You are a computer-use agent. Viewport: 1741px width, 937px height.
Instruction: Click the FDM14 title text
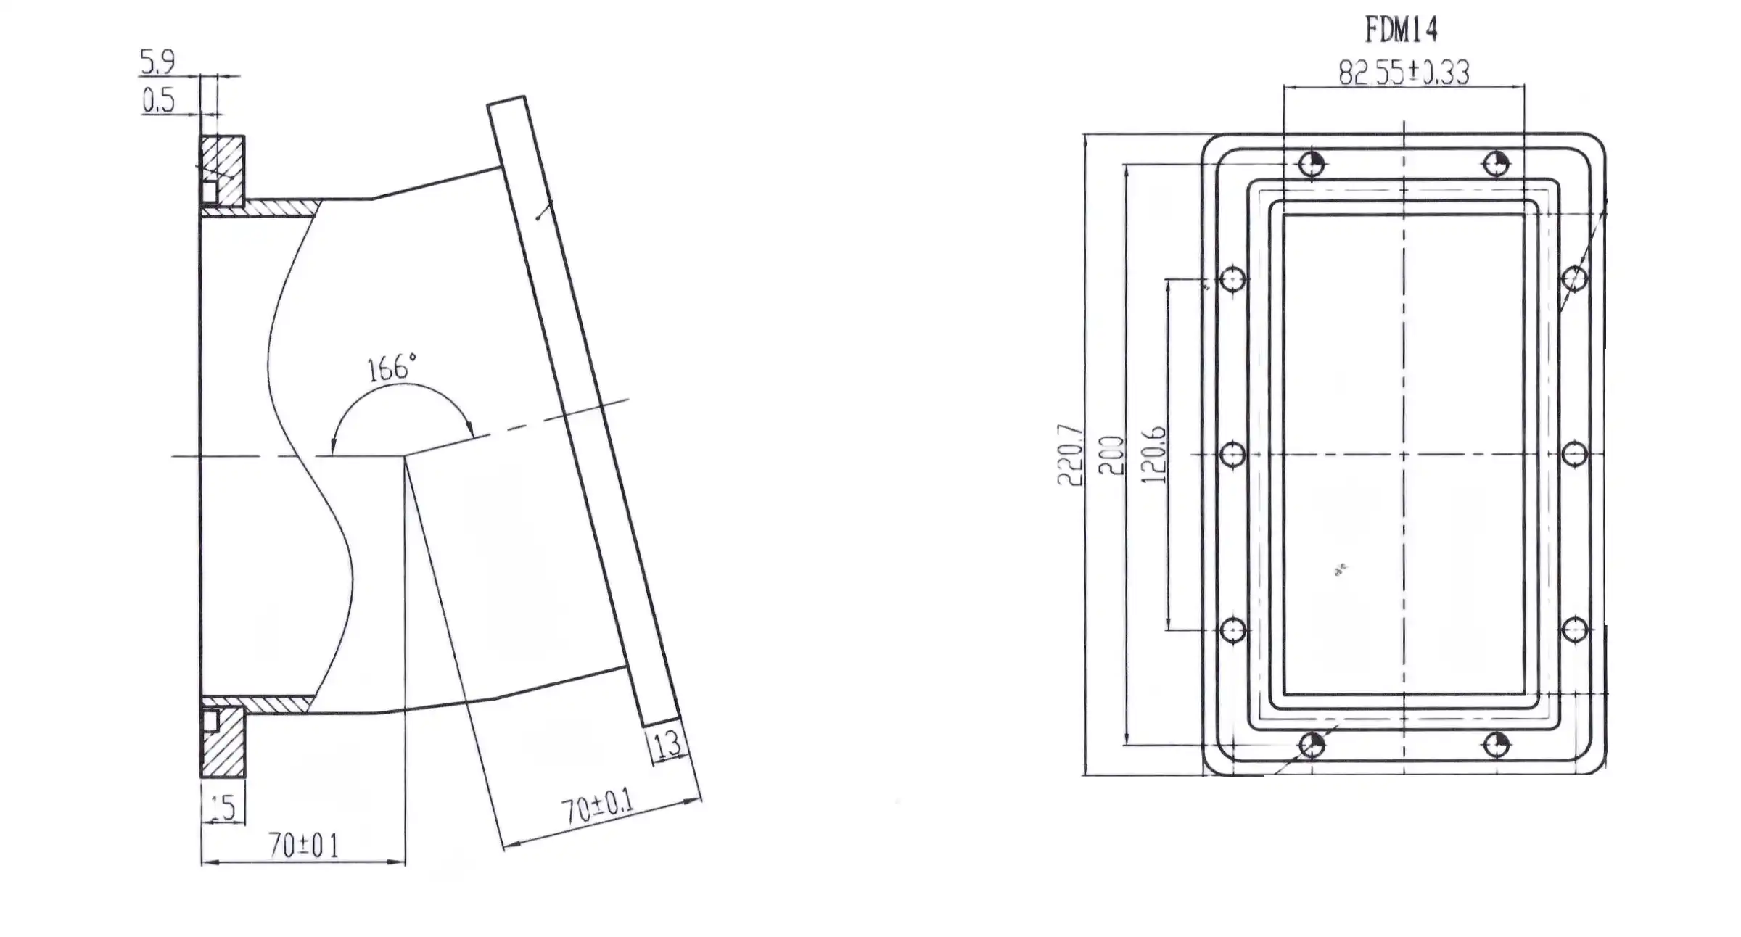click(1400, 30)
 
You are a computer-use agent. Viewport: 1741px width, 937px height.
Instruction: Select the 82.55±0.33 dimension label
click(1404, 73)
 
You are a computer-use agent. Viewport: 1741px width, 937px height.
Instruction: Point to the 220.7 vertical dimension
click(1071, 455)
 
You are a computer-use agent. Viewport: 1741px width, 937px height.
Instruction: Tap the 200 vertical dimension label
click(1111, 455)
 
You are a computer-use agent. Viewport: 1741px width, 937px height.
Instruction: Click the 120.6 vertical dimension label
click(1153, 455)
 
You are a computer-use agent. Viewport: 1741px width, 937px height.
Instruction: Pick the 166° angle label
click(392, 368)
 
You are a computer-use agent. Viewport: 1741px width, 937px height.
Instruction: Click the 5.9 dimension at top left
click(157, 62)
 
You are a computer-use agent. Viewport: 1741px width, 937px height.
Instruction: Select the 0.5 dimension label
click(159, 101)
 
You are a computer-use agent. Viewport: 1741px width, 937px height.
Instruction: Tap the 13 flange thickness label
click(666, 743)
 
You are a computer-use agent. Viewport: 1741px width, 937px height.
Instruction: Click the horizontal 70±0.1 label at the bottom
click(303, 846)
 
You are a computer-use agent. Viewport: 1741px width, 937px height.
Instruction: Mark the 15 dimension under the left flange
click(223, 808)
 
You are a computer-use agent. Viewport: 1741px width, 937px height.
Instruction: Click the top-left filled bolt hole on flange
click(1312, 165)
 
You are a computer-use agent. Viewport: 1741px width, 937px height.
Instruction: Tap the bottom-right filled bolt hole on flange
click(1497, 745)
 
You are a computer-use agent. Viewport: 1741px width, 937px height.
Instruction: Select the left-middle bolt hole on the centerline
click(1233, 455)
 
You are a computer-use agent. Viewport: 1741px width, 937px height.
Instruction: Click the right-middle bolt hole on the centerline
click(1574, 455)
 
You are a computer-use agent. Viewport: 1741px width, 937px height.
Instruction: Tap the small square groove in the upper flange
click(209, 191)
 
